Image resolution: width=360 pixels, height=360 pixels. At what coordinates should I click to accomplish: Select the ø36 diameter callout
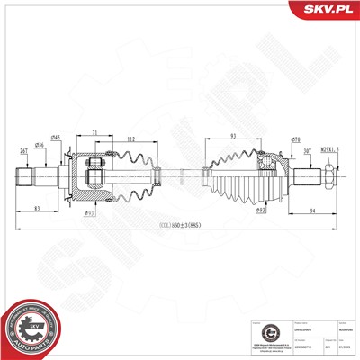(x=39, y=145)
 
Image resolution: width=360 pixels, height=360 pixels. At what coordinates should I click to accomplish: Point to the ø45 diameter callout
(x=56, y=137)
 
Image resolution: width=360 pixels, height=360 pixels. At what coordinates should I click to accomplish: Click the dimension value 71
(x=94, y=132)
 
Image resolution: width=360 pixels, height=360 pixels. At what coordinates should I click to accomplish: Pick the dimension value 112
(x=132, y=139)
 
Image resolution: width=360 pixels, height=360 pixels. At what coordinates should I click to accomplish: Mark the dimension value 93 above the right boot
(x=233, y=136)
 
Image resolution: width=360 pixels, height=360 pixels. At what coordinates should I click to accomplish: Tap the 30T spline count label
(x=308, y=151)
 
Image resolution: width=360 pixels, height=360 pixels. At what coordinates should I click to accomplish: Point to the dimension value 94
(x=311, y=211)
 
